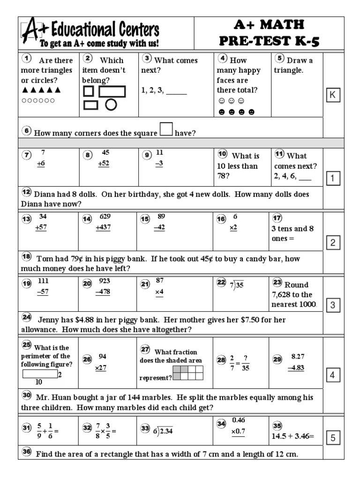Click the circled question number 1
coord(27,59)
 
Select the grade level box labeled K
coord(332,95)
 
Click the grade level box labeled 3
coord(332,305)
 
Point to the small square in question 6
coord(166,129)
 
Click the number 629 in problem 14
coord(105,217)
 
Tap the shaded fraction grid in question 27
coord(188,373)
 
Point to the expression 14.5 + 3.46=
coord(293,435)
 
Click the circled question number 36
coord(27,452)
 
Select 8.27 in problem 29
coord(298,356)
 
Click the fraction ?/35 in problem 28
coord(246,360)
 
